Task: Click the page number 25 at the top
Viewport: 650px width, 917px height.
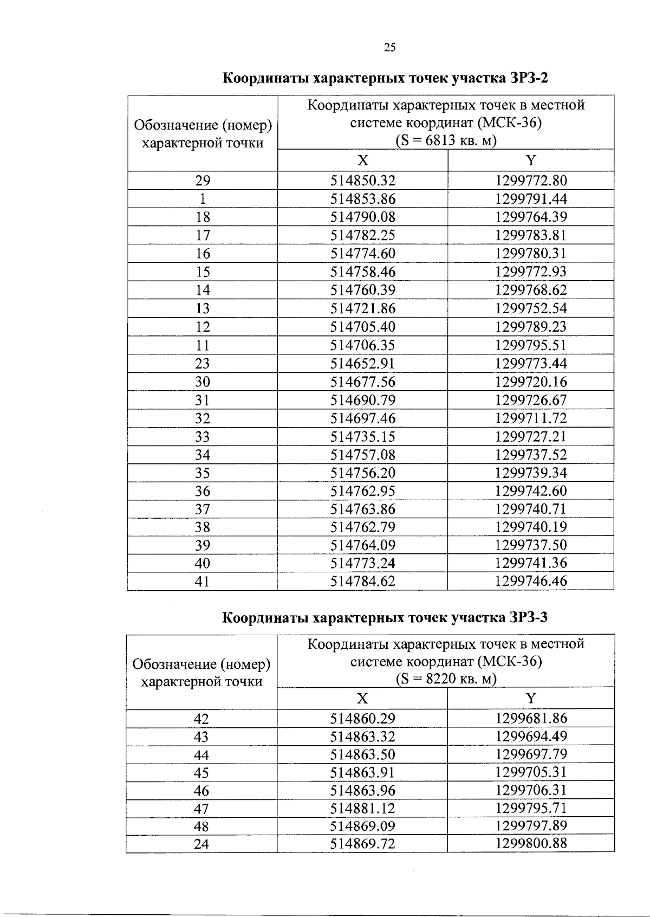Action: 389,48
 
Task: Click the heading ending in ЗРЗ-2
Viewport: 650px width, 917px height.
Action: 386,78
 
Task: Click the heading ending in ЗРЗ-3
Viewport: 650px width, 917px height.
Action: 386,617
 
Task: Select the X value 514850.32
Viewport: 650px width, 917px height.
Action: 363,180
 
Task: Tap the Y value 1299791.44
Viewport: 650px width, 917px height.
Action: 531,198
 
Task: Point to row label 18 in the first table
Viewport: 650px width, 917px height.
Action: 203,217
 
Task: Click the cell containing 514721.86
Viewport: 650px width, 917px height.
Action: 363,308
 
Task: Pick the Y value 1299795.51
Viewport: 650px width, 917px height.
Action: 531,345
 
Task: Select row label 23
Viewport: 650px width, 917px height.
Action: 203,363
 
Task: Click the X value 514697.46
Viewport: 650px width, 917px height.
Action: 363,418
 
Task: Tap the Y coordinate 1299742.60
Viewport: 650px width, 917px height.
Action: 531,491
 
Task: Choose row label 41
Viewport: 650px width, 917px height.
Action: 203,582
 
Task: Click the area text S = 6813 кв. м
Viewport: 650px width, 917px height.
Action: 446,141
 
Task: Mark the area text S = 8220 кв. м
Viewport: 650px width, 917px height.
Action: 446,679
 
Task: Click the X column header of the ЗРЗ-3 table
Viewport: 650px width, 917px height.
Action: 362,698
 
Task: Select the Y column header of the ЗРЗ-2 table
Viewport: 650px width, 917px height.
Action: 531,160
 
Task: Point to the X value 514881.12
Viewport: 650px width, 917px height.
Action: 363,808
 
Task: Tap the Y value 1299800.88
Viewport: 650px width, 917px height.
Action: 531,843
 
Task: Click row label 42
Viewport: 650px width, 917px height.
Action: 201,719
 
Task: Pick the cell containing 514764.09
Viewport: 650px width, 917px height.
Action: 363,545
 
